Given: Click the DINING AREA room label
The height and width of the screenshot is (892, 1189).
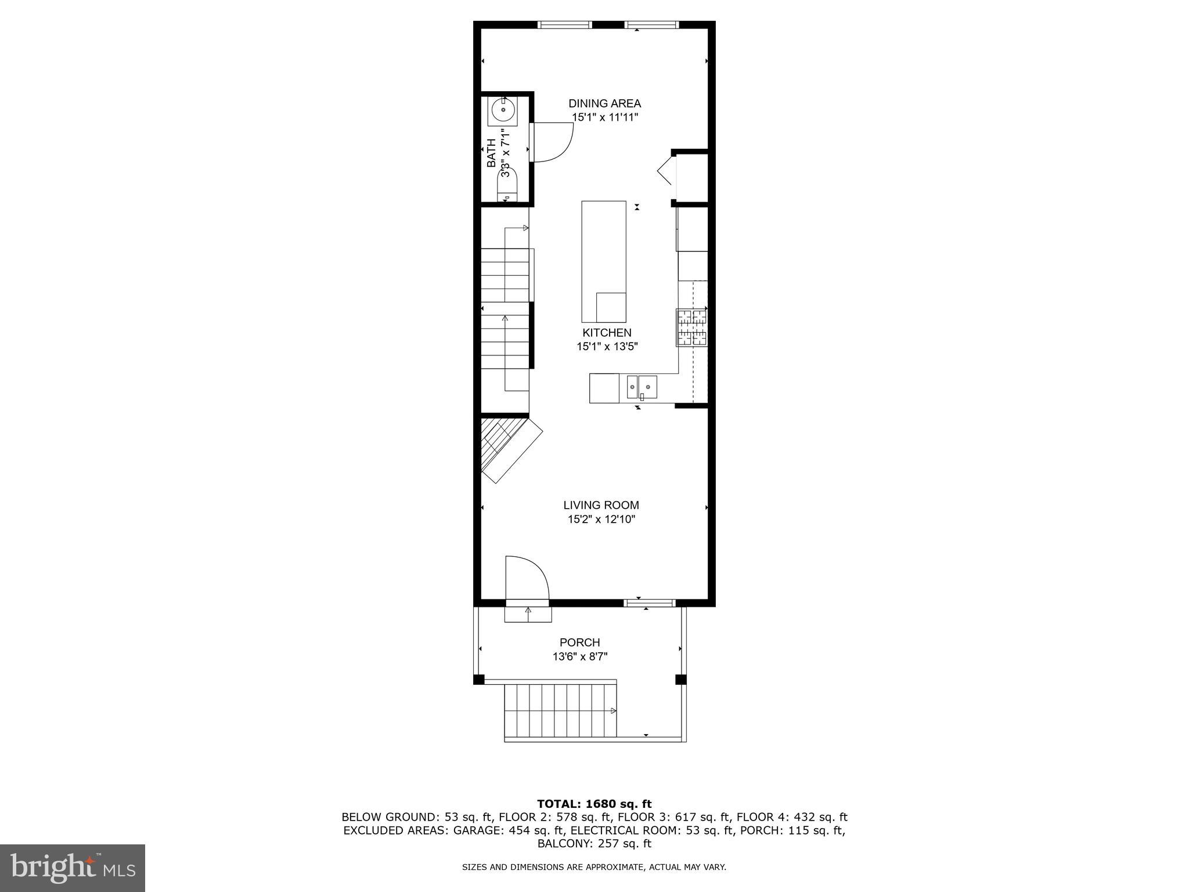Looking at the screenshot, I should pyautogui.click(x=604, y=104).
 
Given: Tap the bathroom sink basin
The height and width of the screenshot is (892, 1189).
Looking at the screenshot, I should pyautogui.click(x=503, y=110).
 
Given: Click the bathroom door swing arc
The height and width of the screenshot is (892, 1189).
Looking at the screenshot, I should pyautogui.click(x=554, y=143).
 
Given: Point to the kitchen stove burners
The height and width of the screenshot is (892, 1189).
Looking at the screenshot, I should pyautogui.click(x=691, y=328).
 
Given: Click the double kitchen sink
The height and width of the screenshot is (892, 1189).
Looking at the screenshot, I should pyautogui.click(x=642, y=387).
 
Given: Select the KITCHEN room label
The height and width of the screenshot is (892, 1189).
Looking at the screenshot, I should pyautogui.click(x=607, y=333).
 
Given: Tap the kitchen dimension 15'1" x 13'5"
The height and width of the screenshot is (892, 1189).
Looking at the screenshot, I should pyautogui.click(x=607, y=347).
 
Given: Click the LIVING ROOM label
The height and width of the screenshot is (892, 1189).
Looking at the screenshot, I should pyautogui.click(x=601, y=505).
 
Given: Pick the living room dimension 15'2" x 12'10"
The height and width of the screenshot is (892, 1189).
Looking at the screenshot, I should pyautogui.click(x=601, y=519).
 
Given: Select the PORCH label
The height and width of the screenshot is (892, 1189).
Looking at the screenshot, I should pyautogui.click(x=579, y=642).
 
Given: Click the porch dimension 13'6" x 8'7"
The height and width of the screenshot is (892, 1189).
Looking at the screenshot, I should pyautogui.click(x=580, y=657).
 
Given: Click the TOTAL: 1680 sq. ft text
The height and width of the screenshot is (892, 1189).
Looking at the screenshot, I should pyautogui.click(x=594, y=804).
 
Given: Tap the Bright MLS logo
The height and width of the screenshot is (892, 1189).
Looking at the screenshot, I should pyautogui.click(x=73, y=868).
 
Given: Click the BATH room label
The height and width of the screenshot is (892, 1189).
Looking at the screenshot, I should pyautogui.click(x=491, y=153).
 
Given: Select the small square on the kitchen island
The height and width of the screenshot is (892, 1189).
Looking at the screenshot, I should pyautogui.click(x=611, y=307).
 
